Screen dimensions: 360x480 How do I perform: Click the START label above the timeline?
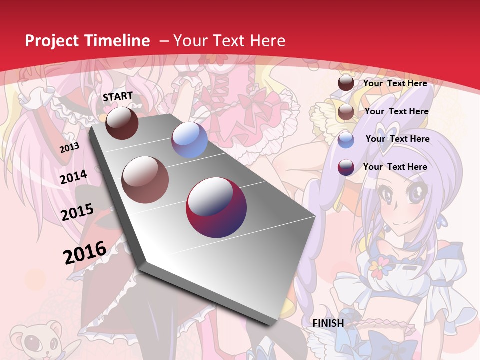118,96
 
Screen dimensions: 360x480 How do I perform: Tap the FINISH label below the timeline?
328,323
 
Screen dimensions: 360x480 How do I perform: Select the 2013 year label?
69,148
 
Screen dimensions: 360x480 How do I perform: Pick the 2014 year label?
73,177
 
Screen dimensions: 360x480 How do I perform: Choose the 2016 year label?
85,252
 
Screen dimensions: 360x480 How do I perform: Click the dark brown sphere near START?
122,123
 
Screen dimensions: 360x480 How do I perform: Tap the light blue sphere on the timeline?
189,140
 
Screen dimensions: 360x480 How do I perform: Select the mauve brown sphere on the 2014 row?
145,179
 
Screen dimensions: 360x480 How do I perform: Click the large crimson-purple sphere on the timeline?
216,207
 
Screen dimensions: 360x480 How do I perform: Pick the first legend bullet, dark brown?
346,83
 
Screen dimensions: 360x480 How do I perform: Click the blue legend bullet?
346,139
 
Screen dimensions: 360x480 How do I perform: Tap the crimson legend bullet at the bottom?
346,167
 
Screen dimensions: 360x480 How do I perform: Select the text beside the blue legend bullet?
397,139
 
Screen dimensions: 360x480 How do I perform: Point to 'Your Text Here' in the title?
229,41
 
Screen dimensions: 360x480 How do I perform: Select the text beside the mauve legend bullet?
396,111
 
